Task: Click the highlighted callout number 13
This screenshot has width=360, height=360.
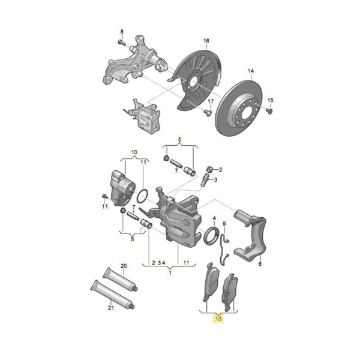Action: coord(218,319)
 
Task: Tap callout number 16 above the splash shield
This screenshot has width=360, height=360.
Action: coord(206,41)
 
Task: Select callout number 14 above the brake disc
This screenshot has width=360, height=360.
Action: coord(251,71)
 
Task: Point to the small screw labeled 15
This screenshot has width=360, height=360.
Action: coord(270,111)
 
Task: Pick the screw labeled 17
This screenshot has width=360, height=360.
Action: coord(208,113)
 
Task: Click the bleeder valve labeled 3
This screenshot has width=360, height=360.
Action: coord(204,181)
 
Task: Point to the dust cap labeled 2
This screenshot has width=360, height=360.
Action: coord(210,169)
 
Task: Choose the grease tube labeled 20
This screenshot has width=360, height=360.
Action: coord(120,279)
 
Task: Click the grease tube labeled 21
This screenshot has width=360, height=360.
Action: coord(113,295)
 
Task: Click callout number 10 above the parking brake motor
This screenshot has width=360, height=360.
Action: coord(134,152)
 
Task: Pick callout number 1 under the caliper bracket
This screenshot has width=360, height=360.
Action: coord(170,273)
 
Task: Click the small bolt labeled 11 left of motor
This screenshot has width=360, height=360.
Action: coord(104,197)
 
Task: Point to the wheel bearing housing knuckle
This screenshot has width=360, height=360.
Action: coord(136,62)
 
